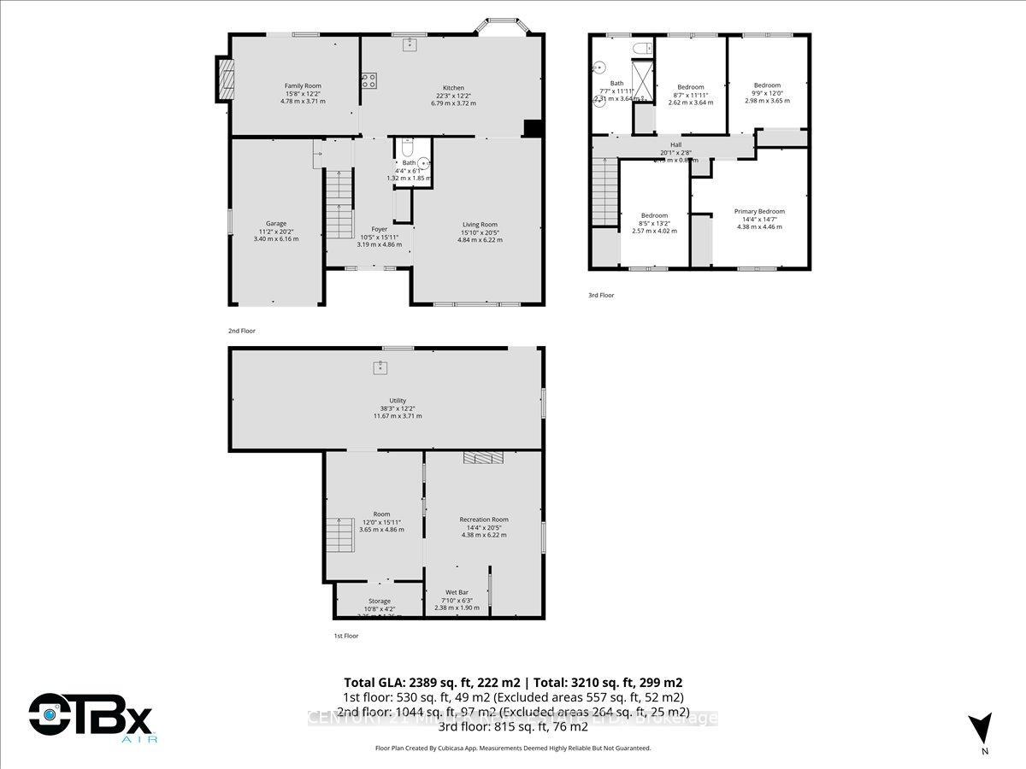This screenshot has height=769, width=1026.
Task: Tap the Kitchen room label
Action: (453, 88)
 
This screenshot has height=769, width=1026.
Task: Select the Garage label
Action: (275, 223)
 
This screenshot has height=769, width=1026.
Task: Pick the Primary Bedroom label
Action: (759, 212)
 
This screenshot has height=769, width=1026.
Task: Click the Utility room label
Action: (397, 401)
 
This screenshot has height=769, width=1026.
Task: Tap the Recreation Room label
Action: (484, 520)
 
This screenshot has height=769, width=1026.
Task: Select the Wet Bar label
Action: (457, 592)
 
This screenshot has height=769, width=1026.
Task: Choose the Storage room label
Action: (380, 602)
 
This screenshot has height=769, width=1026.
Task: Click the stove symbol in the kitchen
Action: (369, 81)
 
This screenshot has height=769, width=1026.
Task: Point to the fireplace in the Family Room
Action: (224, 79)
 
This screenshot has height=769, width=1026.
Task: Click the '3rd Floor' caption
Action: (600, 295)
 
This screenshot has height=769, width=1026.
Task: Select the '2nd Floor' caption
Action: (241, 331)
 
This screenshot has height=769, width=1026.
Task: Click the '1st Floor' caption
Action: (345, 636)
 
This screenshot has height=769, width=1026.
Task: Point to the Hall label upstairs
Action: (675, 145)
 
